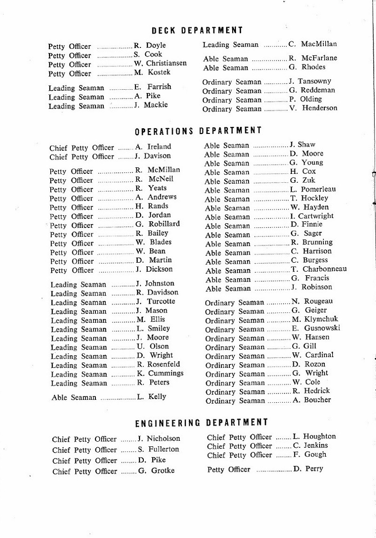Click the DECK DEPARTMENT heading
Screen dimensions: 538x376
point(197,31)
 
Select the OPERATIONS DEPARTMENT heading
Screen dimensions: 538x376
point(198,130)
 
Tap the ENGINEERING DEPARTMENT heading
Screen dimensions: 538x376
point(202,423)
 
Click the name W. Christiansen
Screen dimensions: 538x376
point(160,63)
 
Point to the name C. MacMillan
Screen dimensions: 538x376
point(313,45)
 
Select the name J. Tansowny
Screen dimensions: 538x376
point(310,81)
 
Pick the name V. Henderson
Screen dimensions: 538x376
point(313,108)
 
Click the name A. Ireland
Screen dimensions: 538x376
point(154,147)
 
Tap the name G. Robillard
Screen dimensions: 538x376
point(158,224)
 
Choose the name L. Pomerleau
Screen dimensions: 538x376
point(313,189)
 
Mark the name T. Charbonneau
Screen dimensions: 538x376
point(319,269)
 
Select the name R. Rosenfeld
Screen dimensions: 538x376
point(158,364)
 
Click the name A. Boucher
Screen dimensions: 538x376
point(312,400)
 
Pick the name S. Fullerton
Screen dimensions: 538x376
point(158,449)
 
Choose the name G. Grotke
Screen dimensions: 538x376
point(156,470)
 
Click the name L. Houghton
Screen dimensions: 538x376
point(314,437)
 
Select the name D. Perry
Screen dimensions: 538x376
point(308,469)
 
